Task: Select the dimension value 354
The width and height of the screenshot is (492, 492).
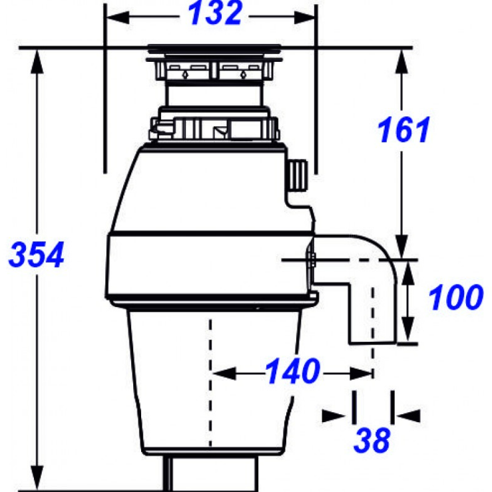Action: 36,254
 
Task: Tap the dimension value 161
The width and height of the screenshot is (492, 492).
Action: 403,130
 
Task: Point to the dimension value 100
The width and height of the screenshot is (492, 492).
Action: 455,297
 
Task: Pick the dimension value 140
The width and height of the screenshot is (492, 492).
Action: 293,371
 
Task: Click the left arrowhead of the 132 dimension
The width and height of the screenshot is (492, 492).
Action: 118,17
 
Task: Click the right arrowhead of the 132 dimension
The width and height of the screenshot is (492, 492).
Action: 304,17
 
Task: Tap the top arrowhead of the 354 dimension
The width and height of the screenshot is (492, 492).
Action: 37,61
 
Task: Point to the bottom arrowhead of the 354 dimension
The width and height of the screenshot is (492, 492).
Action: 37,478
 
